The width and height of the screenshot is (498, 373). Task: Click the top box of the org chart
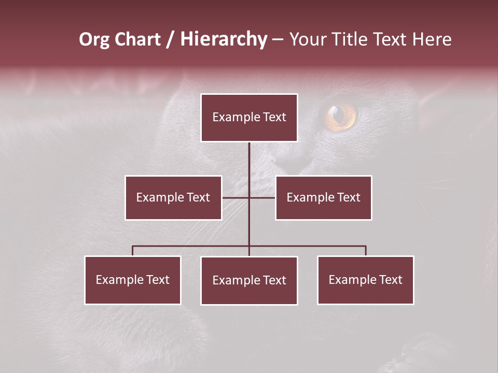click(x=249, y=118)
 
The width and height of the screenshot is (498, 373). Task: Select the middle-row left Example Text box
click(x=173, y=197)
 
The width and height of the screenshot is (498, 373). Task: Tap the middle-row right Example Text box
click(x=323, y=197)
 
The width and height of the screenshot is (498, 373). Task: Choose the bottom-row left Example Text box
click(x=133, y=280)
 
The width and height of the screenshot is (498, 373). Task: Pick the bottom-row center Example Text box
click(x=249, y=280)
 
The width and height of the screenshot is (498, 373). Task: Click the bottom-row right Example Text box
click(x=366, y=280)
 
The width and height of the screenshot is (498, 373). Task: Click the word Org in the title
click(x=94, y=39)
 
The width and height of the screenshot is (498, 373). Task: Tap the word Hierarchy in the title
click(x=224, y=39)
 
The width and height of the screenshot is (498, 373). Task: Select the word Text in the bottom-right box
click(x=390, y=280)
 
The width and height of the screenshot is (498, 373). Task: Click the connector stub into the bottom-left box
click(x=133, y=251)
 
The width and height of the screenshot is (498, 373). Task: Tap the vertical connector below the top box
click(x=249, y=161)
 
